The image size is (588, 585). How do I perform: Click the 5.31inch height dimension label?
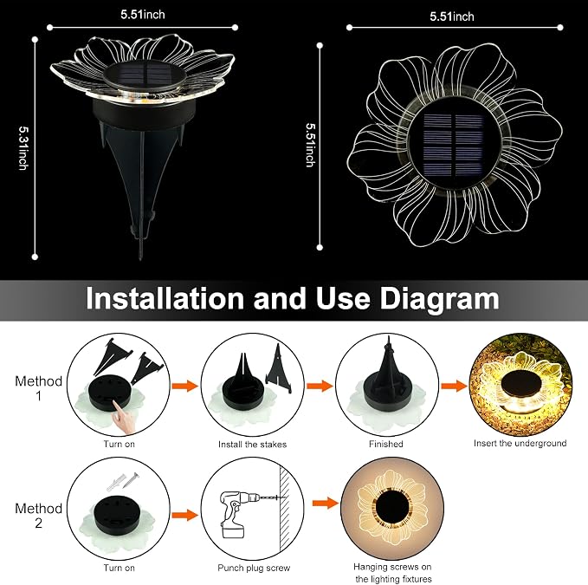tap(23, 148)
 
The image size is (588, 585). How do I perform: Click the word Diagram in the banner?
tap(439, 299)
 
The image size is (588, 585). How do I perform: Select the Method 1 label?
tap(39, 388)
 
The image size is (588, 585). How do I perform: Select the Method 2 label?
tap(39, 516)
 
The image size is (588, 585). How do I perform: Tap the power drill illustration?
tap(239, 513)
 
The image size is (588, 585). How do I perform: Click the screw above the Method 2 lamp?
tap(131, 479)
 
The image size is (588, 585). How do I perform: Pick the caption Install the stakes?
tap(252, 445)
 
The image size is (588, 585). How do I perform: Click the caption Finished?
tap(386, 444)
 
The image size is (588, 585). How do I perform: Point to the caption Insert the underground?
tap(520, 443)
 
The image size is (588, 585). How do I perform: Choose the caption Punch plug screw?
tap(254, 569)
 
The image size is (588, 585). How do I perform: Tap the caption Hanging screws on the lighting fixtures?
tap(392, 573)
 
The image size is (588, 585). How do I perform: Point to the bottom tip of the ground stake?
tap(141, 260)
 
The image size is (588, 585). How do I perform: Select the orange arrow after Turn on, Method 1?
tap(184, 386)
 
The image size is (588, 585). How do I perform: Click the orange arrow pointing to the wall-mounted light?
tap(326, 504)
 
